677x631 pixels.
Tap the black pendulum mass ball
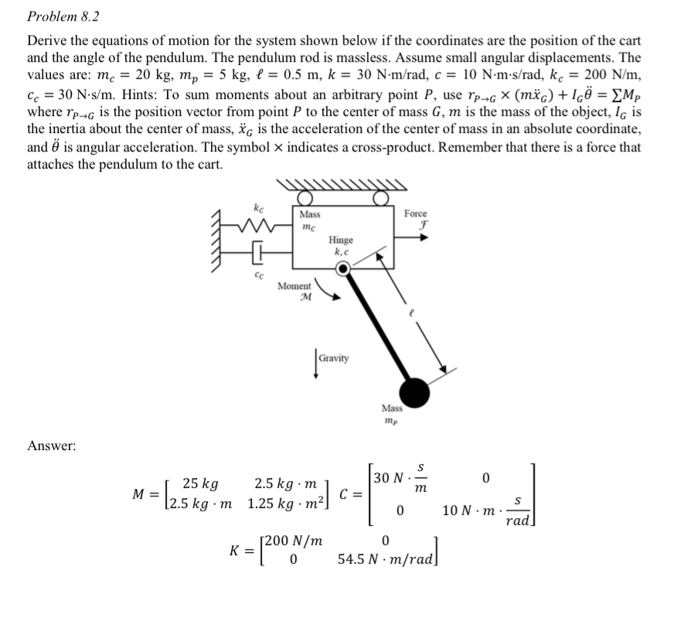click(413, 392)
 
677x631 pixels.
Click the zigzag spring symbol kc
click(257, 227)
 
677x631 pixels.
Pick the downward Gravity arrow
click(315, 363)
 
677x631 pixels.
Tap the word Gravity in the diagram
click(334, 358)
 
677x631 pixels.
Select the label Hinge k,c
click(344, 246)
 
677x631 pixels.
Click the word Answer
click(51, 445)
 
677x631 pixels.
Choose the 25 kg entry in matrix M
click(199, 485)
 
